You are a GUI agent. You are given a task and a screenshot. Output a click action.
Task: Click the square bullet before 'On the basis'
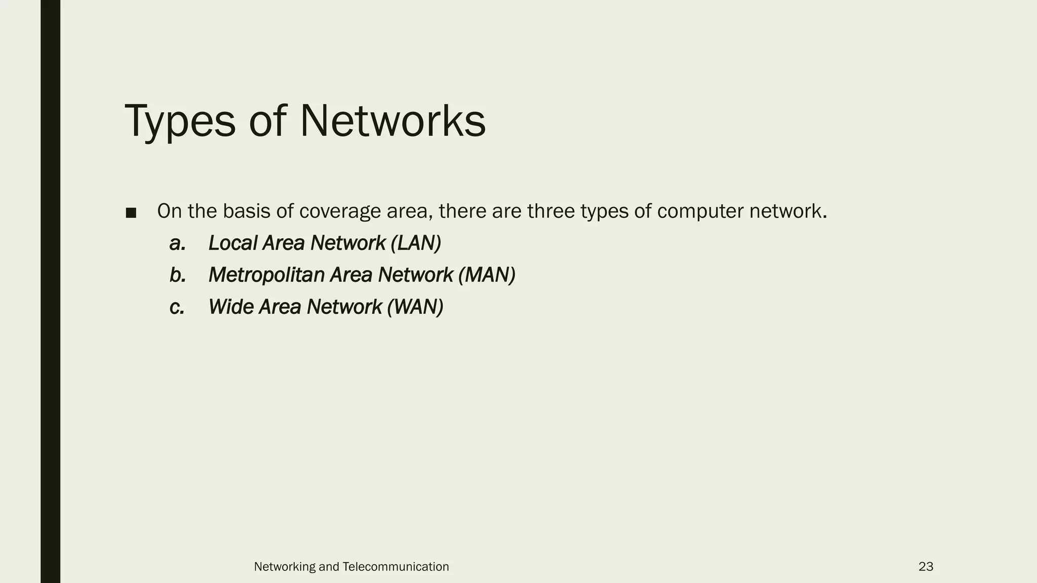tap(131, 213)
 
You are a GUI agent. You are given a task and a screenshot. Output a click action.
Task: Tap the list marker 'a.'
tap(178, 244)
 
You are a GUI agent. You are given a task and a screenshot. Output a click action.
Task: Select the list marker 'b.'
tap(178, 275)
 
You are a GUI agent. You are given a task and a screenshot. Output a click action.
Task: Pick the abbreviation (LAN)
tap(416, 243)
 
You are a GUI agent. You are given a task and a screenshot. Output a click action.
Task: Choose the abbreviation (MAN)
tap(487, 275)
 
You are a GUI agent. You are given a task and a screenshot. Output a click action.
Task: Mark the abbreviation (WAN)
tap(415, 307)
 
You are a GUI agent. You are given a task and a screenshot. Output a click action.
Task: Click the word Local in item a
tap(233, 243)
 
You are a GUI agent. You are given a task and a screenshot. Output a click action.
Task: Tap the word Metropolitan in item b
tap(266, 275)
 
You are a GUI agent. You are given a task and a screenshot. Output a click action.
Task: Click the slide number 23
tap(926, 567)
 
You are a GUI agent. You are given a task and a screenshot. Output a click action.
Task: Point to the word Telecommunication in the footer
tap(395, 567)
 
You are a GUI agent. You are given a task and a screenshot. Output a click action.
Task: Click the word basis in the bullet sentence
tap(246, 211)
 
